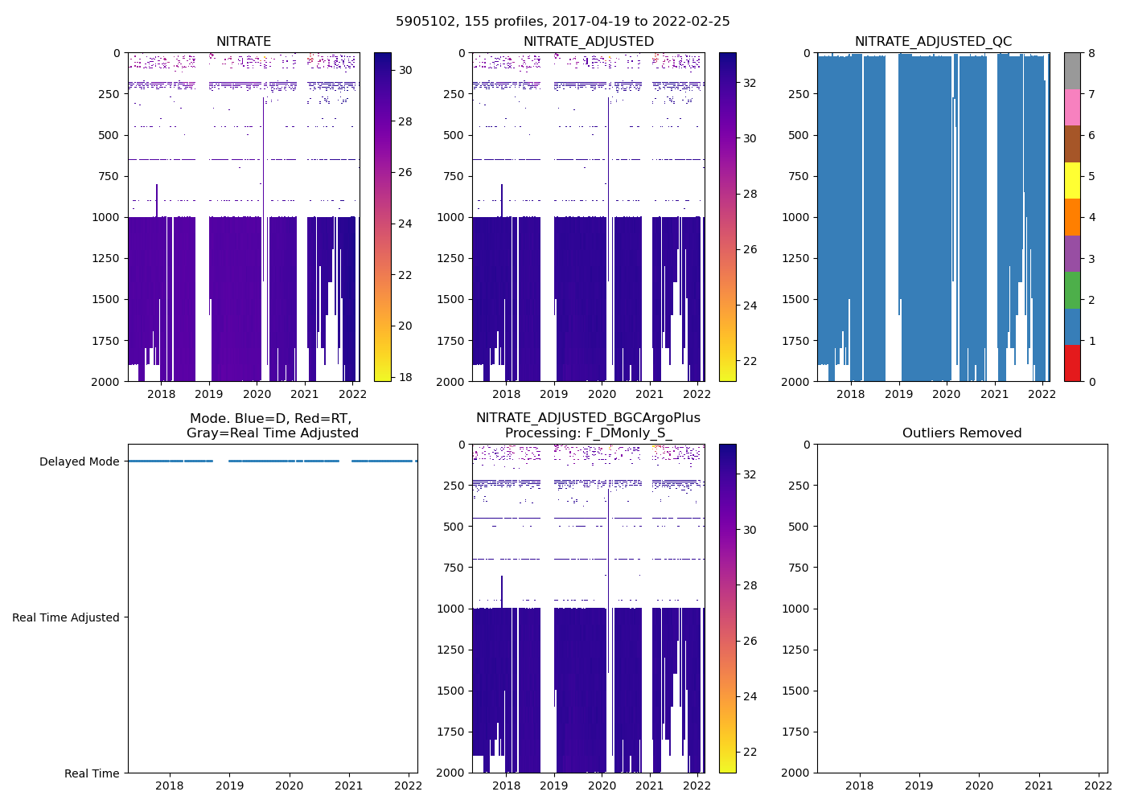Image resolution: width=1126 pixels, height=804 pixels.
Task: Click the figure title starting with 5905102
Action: point(562,22)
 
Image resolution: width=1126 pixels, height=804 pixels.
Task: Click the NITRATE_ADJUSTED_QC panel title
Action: point(933,42)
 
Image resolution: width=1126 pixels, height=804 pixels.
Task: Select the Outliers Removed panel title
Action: point(962,433)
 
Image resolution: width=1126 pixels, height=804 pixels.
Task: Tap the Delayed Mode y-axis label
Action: point(79,461)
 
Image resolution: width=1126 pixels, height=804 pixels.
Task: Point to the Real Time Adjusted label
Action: point(65,617)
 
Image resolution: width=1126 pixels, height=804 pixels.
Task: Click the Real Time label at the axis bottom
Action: point(92,773)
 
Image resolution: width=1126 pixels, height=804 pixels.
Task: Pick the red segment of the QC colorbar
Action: point(1072,363)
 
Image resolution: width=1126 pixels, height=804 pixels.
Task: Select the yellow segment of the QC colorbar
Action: point(1072,181)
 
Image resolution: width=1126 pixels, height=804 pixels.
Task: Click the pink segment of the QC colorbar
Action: point(1072,108)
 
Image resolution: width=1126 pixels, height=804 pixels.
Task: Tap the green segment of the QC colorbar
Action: point(1072,290)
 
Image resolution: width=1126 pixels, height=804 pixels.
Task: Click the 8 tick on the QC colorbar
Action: point(1091,54)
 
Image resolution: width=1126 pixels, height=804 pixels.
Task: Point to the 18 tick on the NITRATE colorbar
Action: point(405,377)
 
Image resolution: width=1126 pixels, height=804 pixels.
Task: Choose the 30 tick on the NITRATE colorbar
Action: point(405,71)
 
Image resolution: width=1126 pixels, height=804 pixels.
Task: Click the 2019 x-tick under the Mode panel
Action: point(229,786)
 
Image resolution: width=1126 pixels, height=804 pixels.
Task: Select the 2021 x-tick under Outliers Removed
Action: point(1038,786)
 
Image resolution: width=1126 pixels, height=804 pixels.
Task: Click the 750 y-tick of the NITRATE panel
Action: point(106,176)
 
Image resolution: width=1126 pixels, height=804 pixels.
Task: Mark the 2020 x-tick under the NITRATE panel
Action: point(257,394)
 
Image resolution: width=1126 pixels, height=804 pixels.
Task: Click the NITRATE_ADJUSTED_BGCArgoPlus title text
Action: point(588,418)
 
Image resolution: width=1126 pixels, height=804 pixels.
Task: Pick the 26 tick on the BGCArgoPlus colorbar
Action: point(750,641)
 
